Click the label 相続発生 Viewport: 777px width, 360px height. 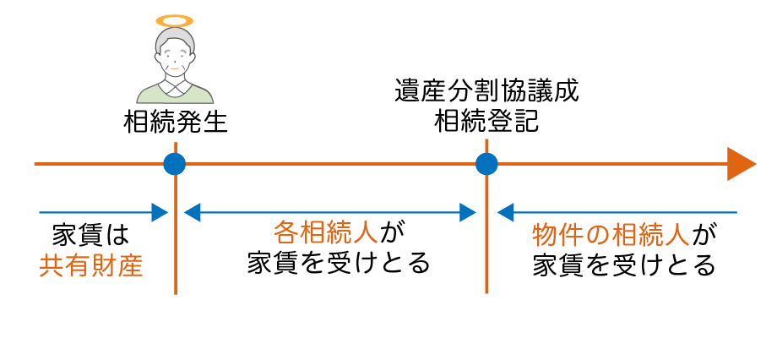(176, 123)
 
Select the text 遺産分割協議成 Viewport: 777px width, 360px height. (486, 91)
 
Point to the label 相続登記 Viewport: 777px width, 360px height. (486, 123)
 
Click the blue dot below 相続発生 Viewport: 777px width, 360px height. (175, 164)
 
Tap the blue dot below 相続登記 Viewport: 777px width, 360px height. (486, 164)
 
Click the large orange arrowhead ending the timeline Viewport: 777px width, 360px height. (740, 164)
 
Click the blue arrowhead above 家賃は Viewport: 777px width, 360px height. (159, 212)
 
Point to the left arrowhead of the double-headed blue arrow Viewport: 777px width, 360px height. (192, 212)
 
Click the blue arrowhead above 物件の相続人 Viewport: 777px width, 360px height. (505, 212)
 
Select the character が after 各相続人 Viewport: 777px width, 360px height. (388, 231)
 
